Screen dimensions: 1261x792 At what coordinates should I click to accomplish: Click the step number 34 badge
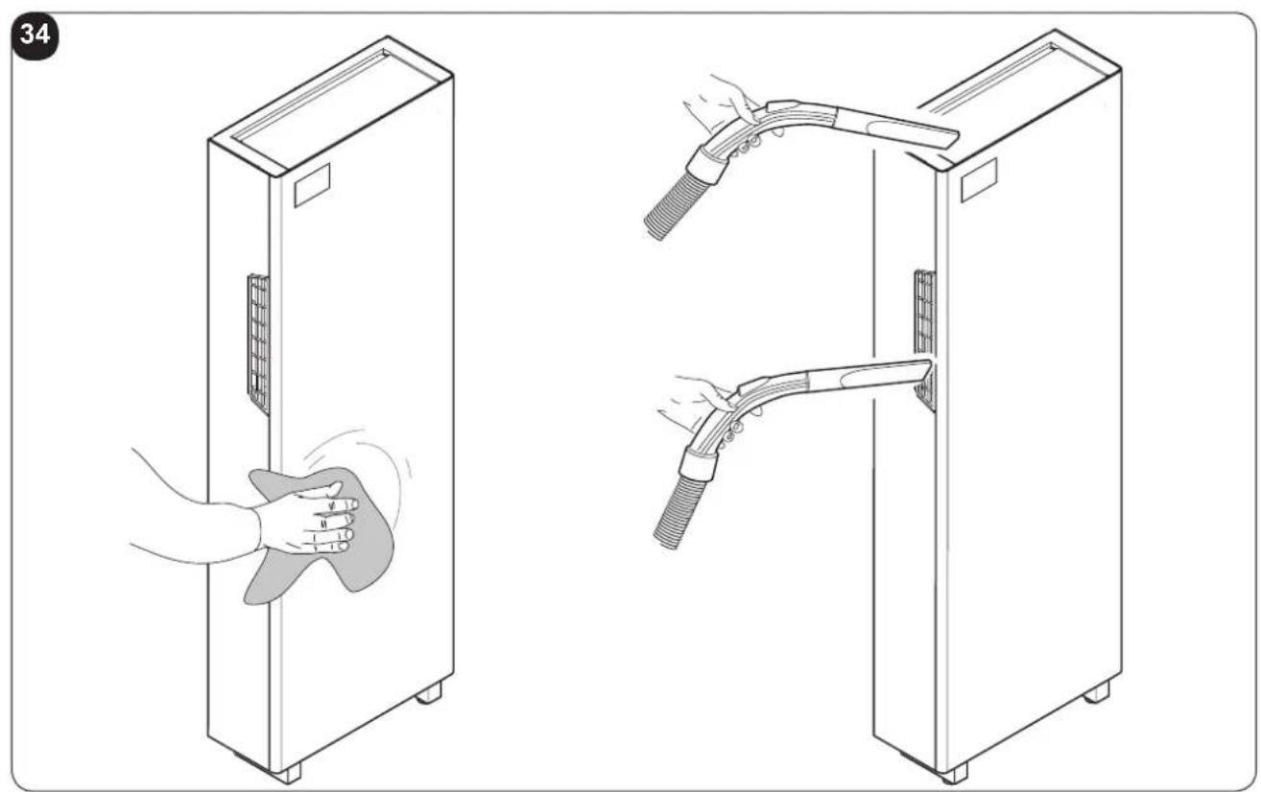tap(35, 35)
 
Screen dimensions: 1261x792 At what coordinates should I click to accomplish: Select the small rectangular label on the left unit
tap(312, 186)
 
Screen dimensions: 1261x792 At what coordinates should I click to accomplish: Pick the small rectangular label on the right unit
tap(979, 180)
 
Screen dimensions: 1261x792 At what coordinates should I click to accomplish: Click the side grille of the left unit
tap(258, 344)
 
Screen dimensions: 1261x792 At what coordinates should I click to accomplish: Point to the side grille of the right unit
tap(924, 340)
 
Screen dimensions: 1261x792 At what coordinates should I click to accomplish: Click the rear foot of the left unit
tap(430, 693)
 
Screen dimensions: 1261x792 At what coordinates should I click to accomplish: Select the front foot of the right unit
tap(954, 774)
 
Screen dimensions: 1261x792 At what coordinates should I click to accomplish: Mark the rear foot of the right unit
tap(1097, 692)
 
